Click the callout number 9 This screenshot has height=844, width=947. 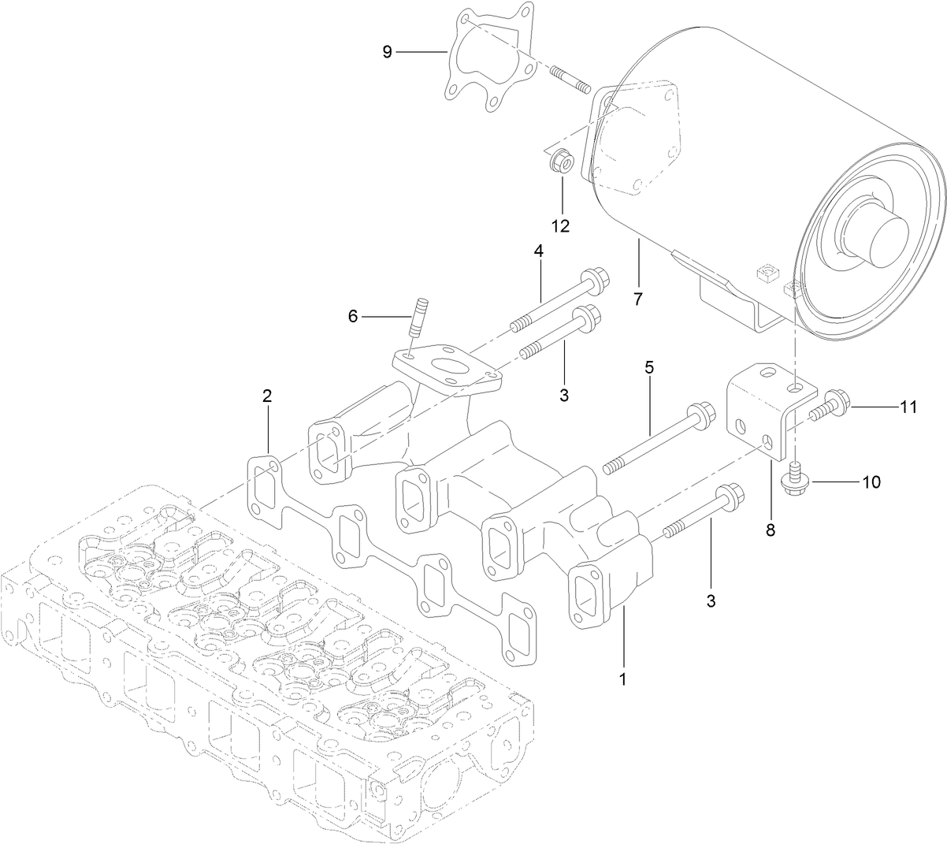[x=387, y=52]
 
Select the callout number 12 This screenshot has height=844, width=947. [x=560, y=226]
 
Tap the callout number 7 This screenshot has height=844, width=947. [x=637, y=299]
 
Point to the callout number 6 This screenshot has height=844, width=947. [x=353, y=316]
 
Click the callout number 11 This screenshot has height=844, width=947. [x=908, y=407]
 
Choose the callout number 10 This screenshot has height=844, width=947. [x=871, y=481]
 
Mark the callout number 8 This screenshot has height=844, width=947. [x=770, y=530]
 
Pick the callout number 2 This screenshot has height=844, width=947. [x=267, y=396]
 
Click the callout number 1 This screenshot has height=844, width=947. [x=622, y=678]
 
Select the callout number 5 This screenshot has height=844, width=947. [x=650, y=368]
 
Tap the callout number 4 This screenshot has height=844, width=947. [x=539, y=251]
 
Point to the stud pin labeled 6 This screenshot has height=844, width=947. [x=419, y=315]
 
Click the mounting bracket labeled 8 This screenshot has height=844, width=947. [x=760, y=410]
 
